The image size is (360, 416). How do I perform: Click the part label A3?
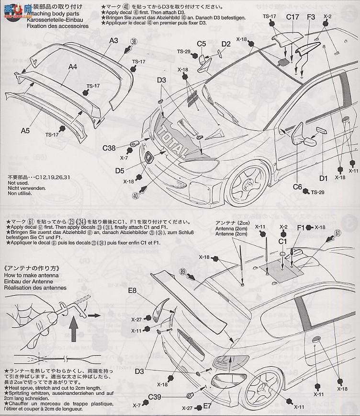click(113, 41)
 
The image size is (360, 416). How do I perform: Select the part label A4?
click(72, 67)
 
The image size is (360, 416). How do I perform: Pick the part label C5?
click(201, 44)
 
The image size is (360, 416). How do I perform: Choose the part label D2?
click(226, 45)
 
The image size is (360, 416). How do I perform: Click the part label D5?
click(120, 170)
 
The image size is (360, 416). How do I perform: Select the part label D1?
click(324, 179)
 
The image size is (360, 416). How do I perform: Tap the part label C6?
click(297, 187)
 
